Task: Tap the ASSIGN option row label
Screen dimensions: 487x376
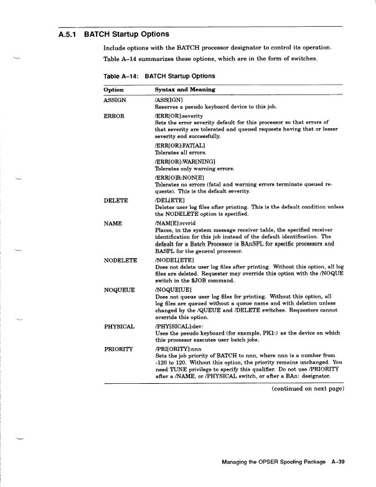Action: (x=115, y=100)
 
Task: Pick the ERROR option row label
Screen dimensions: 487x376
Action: (x=114, y=116)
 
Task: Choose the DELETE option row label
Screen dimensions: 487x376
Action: (x=116, y=200)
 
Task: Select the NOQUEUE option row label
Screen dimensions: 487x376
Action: (x=120, y=290)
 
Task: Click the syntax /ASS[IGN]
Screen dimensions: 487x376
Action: (x=169, y=100)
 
